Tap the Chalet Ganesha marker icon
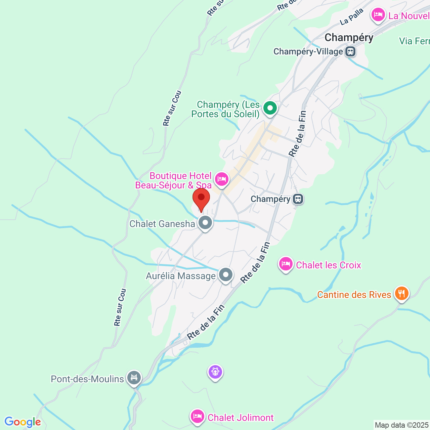click(x=205, y=222)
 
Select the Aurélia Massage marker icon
click(x=226, y=275)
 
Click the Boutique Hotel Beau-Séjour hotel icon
click(x=221, y=179)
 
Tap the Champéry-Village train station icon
click(x=350, y=52)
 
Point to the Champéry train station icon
click(x=298, y=199)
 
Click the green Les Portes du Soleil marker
click(x=270, y=108)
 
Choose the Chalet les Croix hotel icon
click(x=286, y=264)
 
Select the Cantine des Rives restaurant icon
click(x=401, y=294)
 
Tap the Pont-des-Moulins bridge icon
click(x=134, y=378)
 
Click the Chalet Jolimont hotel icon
click(x=197, y=417)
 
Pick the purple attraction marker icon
click(x=215, y=372)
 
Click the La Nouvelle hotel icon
click(x=378, y=15)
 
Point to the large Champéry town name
click(x=349, y=38)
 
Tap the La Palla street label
click(x=351, y=16)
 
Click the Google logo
click(x=23, y=422)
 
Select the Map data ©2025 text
click(x=402, y=425)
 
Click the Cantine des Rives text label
click(x=354, y=295)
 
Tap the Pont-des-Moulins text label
click(x=87, y=379)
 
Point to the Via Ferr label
click(x=414, y=41)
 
